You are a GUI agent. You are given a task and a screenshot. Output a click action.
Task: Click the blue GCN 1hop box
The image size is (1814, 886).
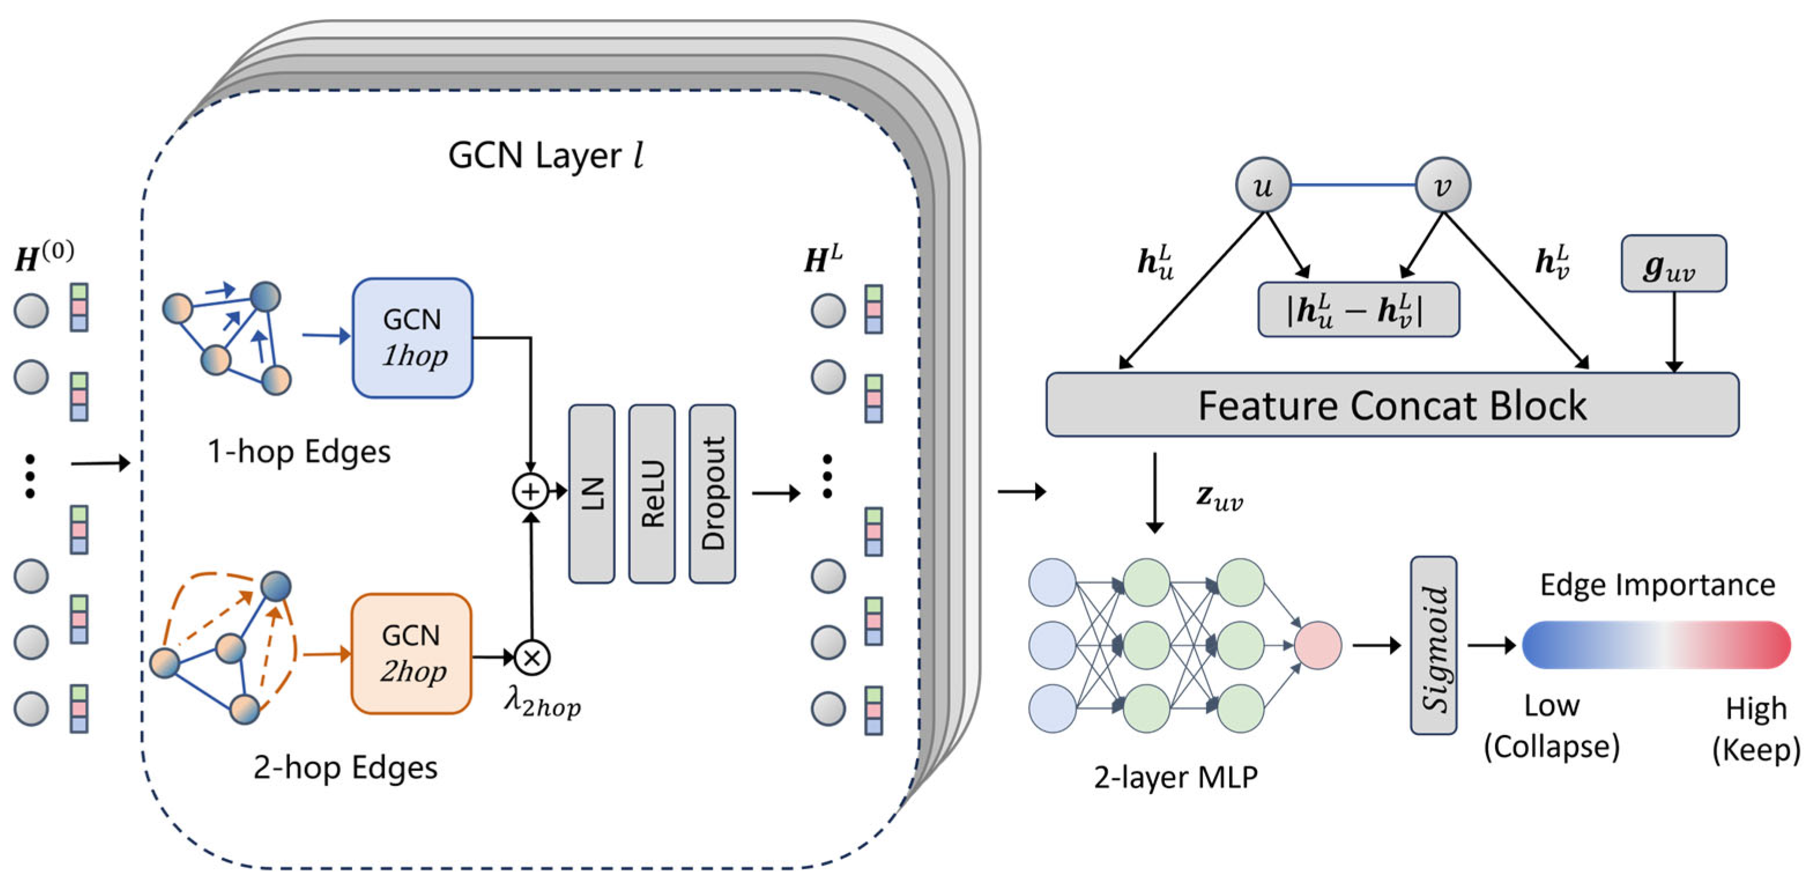point(412,338)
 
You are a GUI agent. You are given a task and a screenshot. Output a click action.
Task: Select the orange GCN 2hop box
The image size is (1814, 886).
point(411,654)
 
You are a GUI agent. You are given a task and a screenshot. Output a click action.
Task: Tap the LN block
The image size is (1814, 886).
point(592,494)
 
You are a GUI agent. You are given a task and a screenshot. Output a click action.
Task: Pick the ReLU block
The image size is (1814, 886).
point(652,494)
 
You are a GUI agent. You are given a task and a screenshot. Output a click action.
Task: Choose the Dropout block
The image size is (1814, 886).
point(713,494)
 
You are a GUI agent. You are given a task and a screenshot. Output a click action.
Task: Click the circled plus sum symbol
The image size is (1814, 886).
point(530,491)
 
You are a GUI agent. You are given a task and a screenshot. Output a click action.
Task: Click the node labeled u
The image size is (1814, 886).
point(1263,185)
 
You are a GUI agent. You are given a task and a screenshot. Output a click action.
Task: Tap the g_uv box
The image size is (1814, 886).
point(1674,264)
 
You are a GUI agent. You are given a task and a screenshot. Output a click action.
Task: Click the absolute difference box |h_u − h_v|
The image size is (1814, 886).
point(1358,309)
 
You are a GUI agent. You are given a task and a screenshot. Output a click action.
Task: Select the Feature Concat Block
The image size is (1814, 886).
point(1392,405)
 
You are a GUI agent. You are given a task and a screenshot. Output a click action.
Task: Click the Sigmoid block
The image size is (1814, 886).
point(1434,645)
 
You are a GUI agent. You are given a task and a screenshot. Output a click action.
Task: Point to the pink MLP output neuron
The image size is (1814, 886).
point(1318,645)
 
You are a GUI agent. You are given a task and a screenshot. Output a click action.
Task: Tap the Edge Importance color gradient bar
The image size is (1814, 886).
point(1656,644)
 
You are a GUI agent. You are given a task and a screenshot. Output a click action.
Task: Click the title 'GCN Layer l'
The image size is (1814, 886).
point(546,155)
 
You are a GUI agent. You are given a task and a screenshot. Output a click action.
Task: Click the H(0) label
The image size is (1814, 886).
point(44,257)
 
